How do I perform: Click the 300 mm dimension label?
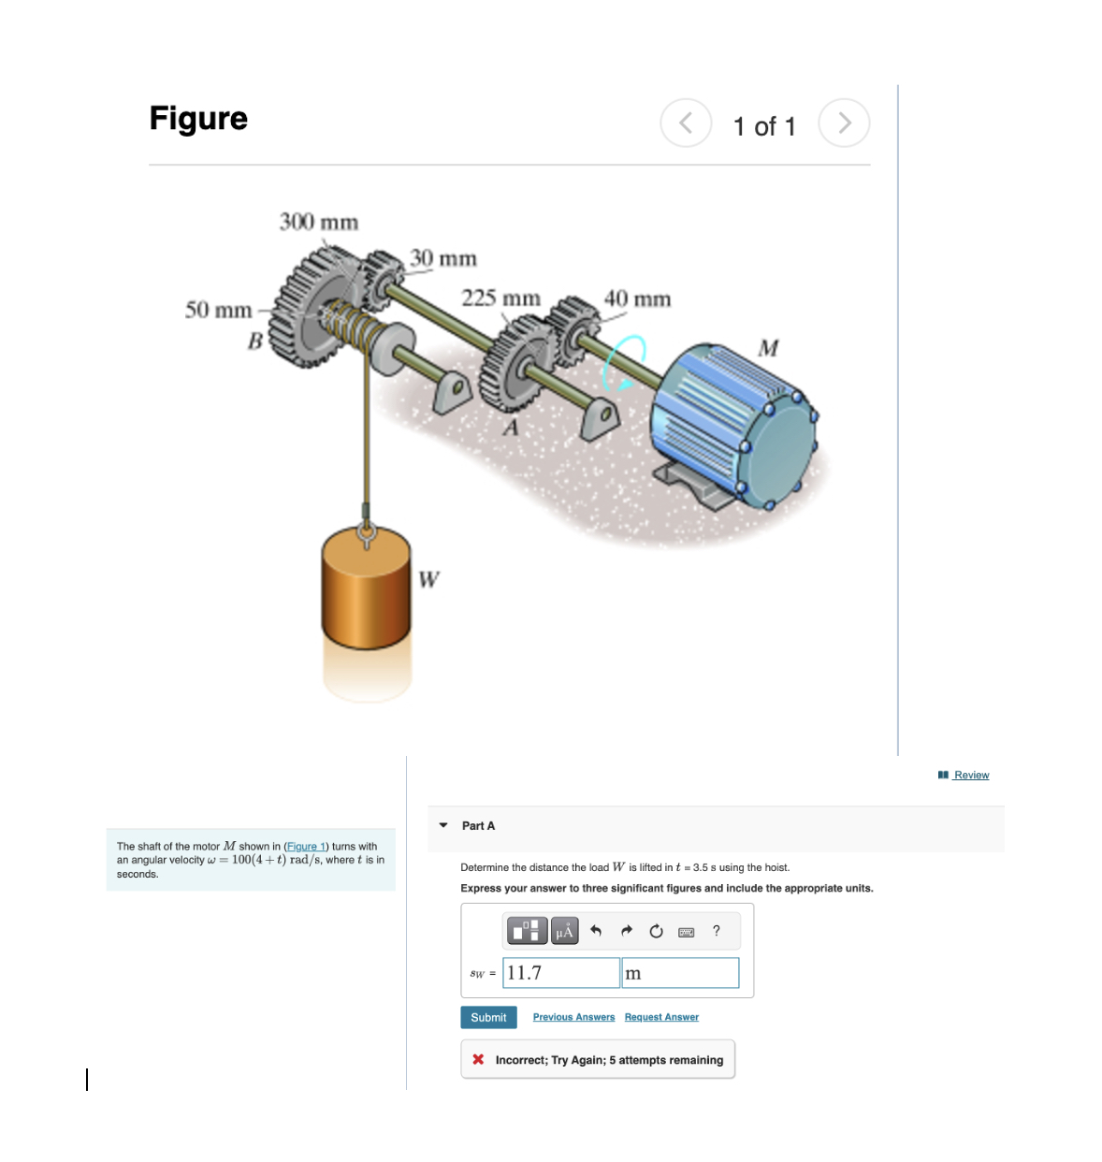(x=318, y=223)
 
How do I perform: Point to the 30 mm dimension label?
(x=442, y=258)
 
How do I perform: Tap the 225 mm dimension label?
(x=500, y=298)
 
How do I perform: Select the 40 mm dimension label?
(x=637, y=299)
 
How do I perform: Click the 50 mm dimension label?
(x=218, y=310)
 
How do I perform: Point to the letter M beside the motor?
(x=768, y=348)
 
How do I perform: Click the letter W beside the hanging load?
(x=428, y=579)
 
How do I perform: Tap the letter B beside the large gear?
(x=254, y=341)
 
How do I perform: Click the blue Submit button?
(x=488, y=1017)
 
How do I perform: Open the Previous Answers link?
(x=573, y=1017)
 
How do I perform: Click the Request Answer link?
(x=661, y=1017)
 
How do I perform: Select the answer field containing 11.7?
(x=560, y=973)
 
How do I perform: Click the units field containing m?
(x=680, y=973)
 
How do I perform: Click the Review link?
(x=970, y=775)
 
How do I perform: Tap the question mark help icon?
(x=717, y=931)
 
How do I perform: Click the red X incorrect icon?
(x=478, y=1060)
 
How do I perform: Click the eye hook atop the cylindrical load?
(x=366, y=535)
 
